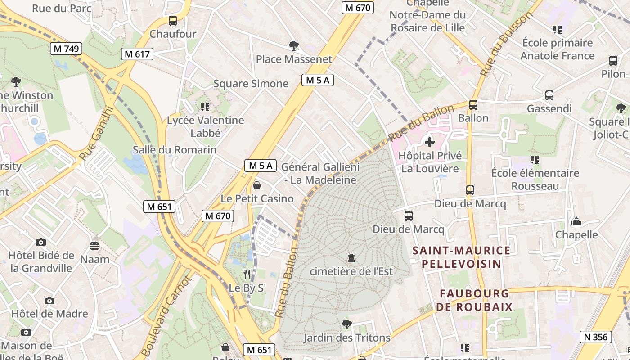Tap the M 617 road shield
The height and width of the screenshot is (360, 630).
(137, 54)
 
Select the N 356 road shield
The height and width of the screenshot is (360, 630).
(596, 337)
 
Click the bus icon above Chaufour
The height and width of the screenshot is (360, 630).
(173, 20)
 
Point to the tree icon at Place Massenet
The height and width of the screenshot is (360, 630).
(294, 45)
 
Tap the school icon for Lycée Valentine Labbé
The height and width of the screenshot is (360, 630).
(205, 107)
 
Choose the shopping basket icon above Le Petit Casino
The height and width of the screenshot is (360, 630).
(257, 185)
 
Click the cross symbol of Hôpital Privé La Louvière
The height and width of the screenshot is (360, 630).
(430, 142)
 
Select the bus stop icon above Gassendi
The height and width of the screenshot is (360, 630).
(549, 95)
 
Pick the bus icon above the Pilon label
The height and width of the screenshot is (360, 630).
(613, 61)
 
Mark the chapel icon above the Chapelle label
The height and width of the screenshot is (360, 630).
(576, 221)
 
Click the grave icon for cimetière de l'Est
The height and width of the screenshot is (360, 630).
(351, 258)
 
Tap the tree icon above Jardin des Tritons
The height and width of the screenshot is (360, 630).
(346, 324)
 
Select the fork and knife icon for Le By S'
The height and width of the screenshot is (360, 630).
(247, 274)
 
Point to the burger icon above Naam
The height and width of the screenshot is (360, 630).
(94, 246)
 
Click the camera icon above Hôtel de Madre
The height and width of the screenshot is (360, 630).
(49, 301)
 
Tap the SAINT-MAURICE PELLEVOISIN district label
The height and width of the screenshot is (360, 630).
(462, 257)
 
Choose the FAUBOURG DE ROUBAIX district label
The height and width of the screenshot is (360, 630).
(474, 300)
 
